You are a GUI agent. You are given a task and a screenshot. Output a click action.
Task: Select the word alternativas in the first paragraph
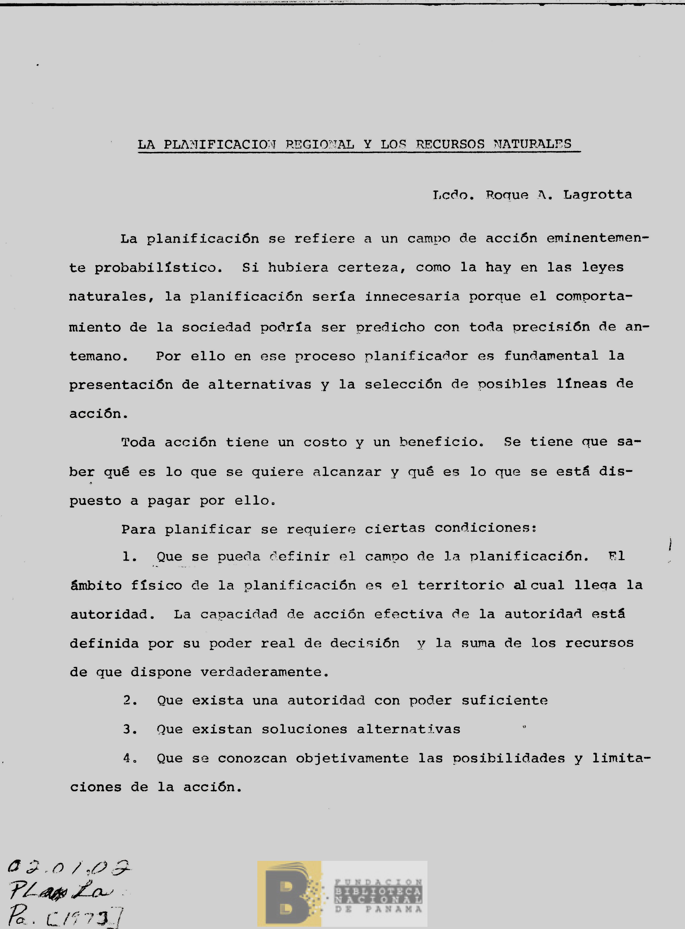[259, 384]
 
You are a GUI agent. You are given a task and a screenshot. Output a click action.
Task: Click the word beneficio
[441, 442]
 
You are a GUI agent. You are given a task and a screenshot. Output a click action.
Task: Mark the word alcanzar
[347, 472]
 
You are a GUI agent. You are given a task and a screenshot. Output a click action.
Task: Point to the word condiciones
[485, 528]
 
